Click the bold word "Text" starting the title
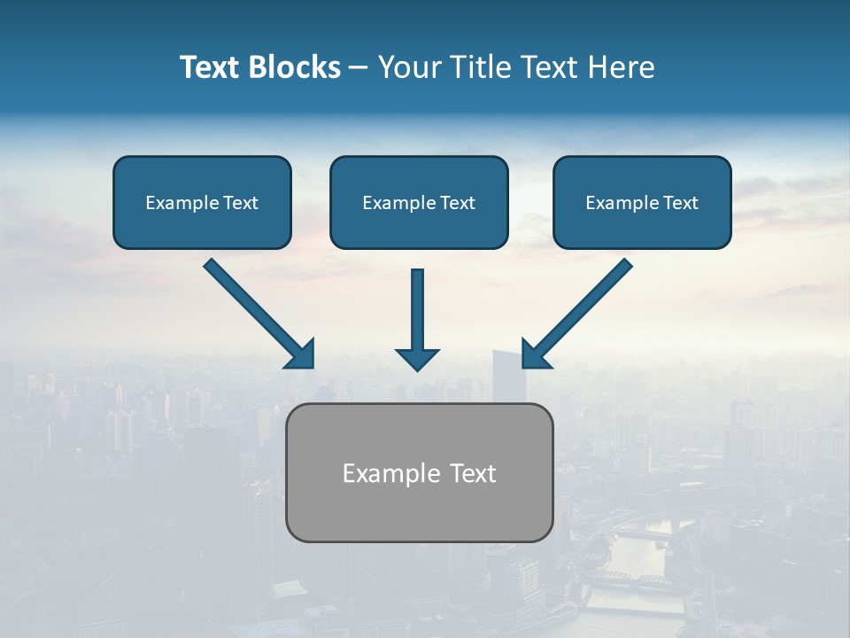[x=210, y=67]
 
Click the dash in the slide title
[x=359, y=68]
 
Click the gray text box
[x=419, y=514]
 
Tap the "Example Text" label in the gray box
[x=419, y=473]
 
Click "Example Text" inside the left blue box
[x=202, y=203]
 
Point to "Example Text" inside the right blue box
[x=642, y=203]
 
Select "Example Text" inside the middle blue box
[x=419, y=203]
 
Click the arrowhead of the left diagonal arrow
[x=301, y=354]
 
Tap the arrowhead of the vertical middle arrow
[x=417, y=359]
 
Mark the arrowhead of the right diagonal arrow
[x=535, y=354]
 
